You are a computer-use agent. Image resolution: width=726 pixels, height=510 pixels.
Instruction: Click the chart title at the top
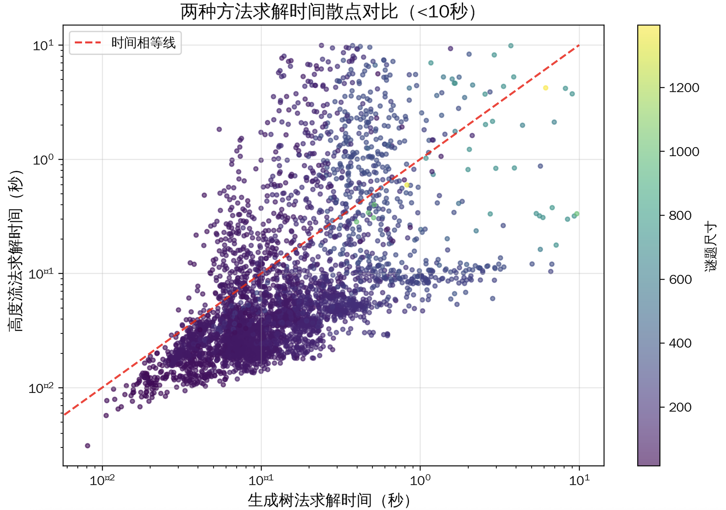(328, 12)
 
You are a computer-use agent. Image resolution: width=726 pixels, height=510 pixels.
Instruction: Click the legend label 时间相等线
(143, 43)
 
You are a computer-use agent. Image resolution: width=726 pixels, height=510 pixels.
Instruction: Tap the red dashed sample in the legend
(88, 43)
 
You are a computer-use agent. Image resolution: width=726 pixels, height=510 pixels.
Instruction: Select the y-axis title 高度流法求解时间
(16, 250)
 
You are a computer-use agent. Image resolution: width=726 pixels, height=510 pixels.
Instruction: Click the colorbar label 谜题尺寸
(711, 246)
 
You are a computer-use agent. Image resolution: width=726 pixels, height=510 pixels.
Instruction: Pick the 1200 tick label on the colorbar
(684, 88)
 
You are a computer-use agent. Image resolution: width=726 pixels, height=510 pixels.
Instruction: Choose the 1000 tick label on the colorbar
(684, 152)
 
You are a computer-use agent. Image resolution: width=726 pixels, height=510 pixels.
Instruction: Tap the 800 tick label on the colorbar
(680, 215)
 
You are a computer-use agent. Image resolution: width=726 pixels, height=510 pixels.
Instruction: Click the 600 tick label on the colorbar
(680, 279)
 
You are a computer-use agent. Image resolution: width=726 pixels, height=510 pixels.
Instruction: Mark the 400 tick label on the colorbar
(680, 343)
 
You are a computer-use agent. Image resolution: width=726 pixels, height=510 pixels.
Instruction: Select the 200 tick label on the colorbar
(680, 407)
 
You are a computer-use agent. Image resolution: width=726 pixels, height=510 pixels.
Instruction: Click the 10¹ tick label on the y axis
(43, 46)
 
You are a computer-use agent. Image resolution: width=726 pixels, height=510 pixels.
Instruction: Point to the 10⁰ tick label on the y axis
(43, 160)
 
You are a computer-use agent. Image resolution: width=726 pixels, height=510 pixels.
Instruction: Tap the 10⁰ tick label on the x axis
(420, 480)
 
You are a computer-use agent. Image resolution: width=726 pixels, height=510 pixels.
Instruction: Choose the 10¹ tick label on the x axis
(579, 480)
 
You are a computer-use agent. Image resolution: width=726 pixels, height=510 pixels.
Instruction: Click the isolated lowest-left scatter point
(87, 446)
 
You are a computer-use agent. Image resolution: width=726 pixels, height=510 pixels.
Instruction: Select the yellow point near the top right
(546, 88)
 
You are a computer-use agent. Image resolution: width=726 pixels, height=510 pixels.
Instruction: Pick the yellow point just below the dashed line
(407, 185)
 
